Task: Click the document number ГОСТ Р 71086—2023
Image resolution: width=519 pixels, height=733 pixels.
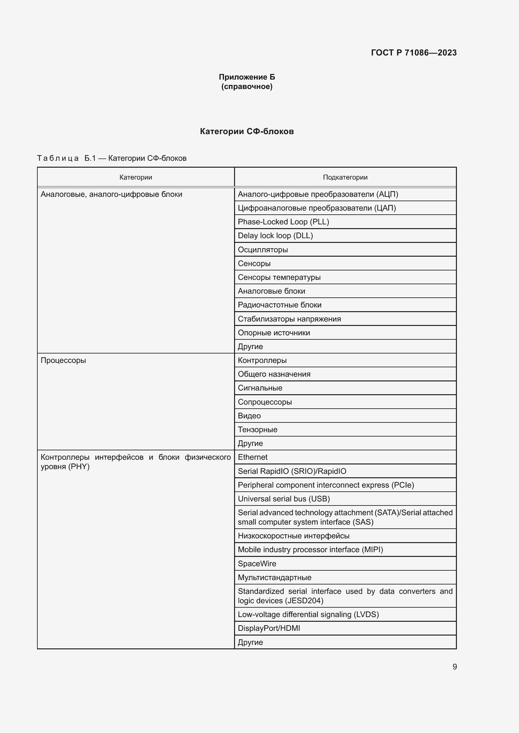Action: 414,53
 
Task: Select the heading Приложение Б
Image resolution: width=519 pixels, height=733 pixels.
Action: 247,77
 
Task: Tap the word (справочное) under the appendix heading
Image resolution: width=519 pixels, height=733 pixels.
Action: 247,86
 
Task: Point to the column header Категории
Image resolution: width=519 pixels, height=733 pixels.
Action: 136,177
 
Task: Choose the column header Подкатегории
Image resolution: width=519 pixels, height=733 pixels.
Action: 345,177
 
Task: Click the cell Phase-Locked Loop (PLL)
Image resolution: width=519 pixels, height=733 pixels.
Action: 283,222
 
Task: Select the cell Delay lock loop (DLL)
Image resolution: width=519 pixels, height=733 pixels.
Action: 275,236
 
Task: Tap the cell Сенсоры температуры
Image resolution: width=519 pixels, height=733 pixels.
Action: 279,277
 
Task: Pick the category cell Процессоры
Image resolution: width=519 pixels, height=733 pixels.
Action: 63,360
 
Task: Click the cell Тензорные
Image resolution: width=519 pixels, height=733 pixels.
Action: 258,429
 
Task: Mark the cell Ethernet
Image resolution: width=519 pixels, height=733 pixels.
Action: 253,457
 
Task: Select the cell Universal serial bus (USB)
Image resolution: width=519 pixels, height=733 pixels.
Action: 284,499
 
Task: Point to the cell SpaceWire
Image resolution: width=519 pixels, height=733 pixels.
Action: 257,563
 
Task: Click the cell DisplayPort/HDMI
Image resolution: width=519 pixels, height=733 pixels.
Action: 269,628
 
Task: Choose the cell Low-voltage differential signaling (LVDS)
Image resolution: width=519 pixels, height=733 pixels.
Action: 308,615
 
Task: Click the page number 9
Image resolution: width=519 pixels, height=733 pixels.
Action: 454,667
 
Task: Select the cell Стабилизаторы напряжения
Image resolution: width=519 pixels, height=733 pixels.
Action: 289,319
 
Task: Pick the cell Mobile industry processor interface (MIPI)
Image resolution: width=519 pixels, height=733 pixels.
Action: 310,549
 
